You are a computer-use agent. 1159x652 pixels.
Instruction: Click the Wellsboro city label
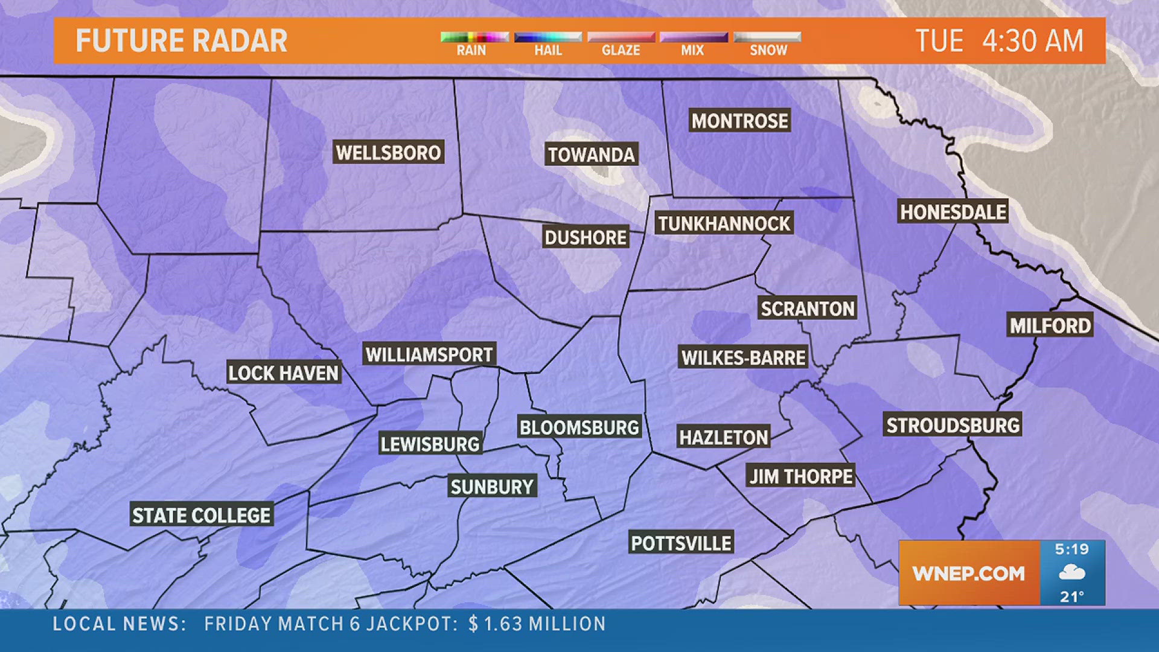point(389,153)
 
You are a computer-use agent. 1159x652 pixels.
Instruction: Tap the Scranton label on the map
point(807,309)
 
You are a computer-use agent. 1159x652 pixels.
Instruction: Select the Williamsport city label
point(429,354)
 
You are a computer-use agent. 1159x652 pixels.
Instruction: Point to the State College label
point(202,516)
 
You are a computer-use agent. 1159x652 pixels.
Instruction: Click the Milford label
point(1050,326)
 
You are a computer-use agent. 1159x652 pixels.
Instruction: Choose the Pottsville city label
point(681,543)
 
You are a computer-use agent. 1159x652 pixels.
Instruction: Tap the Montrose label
point(739,121)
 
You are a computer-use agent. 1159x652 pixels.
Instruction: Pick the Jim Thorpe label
point(801,476)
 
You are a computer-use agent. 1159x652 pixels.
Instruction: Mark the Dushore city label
point(586,238)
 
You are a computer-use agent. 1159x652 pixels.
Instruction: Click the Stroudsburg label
point(953,426)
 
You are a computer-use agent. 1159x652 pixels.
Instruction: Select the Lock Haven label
point(283,373)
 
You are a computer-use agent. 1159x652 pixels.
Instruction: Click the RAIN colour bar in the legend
point(474,37)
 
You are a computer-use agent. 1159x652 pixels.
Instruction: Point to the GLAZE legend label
point(621,50)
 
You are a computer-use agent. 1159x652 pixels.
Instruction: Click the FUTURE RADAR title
point(181,41)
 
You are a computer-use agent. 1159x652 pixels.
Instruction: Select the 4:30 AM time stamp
point(1032,41)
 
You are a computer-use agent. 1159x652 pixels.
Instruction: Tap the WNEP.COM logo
point(968,574)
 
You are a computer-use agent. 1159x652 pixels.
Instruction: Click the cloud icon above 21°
point(1072,572)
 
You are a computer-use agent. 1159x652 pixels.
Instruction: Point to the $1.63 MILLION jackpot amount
point(537,624)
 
